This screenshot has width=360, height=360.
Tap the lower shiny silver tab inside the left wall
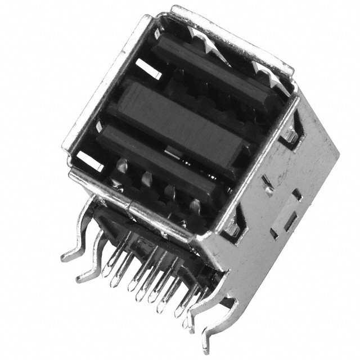pos(90,161)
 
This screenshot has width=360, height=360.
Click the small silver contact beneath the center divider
pos(174,151)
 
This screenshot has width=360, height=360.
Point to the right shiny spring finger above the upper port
pos(262,70)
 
